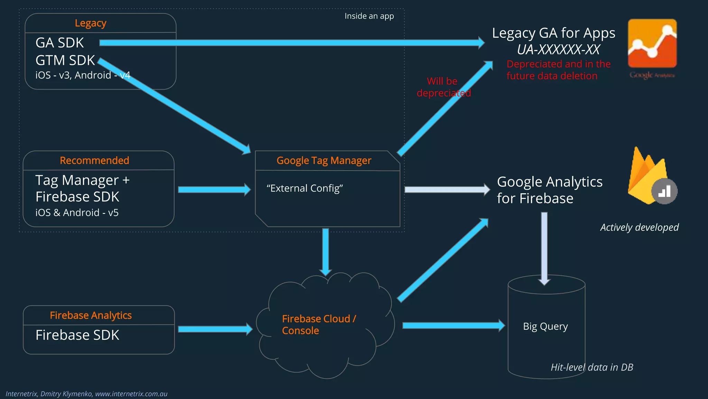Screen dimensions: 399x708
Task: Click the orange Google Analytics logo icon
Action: [x=652, y=44]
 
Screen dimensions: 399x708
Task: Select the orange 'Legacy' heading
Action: [x=91, y=23]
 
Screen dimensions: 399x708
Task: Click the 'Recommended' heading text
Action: [x=94, y=160]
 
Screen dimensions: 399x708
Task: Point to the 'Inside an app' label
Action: [x=369, y=16]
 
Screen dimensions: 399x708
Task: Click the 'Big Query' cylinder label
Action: [x=545, y=326]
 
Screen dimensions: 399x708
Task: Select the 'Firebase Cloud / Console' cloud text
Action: [x=318, y=325]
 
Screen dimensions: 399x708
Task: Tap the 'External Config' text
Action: [x=305, y=188]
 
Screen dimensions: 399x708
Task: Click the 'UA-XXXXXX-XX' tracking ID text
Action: [x=558, y=50]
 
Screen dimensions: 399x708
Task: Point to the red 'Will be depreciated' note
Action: [x=443, y=87]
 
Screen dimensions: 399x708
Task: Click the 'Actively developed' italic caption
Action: [x=639, y=227]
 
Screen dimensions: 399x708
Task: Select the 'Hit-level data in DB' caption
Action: [x=591, y=367]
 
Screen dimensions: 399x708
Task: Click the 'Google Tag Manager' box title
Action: [x=324, y=161]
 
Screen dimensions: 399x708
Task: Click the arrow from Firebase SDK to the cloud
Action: [x=214, y=329]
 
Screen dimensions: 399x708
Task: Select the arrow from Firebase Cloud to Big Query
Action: [x=453, y=326]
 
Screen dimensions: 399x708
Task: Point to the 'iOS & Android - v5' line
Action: [x=77, y=212]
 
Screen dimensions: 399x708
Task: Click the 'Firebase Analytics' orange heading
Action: [x=91, y=315]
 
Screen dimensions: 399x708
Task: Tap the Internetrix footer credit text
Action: [x=86, y=394]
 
